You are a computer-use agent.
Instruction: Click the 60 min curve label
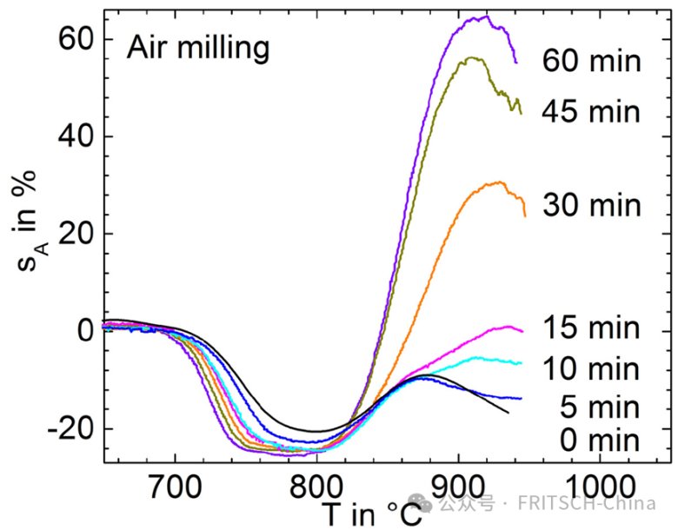592,62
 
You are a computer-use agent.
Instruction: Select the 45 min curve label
592,111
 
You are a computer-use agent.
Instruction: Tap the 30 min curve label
592,205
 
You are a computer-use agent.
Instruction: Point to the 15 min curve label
592,328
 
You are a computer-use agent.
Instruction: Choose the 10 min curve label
592,368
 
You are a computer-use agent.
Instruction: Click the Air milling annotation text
198,49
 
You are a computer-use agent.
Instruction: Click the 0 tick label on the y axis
83,331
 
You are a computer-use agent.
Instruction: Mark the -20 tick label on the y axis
70,428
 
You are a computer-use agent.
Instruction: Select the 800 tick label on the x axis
316,483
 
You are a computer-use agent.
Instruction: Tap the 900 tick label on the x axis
458,483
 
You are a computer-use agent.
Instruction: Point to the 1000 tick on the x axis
599,483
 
